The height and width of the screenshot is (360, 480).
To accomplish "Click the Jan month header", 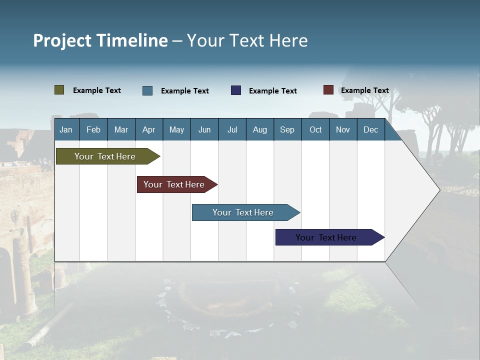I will tap(66, 129).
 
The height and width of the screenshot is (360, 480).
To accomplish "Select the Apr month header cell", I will tap(148, 129).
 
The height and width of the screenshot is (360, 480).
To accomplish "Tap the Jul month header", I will tap(232, 129).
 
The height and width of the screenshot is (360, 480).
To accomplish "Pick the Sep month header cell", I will tap(287, 129).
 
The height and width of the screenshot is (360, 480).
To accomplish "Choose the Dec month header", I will tap(370, 129).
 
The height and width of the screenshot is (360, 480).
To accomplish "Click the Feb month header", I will tap(93, 129).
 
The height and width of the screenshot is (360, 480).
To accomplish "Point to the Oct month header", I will tap(315, 129).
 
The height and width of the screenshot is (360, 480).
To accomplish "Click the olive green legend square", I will tap(59, 90).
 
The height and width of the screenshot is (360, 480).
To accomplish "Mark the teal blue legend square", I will tap(147, 90).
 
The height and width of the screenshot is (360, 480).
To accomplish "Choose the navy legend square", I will tap(236, 90).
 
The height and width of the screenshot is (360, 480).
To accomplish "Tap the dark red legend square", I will tap(328, 90).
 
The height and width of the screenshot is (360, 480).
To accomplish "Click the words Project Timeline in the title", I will tap(100, 40).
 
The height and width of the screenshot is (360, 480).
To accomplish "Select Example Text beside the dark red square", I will tap(364, 90).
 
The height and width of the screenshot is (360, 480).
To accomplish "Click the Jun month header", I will tap(204, 129).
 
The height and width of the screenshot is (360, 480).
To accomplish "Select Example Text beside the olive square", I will tap(97, 90).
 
